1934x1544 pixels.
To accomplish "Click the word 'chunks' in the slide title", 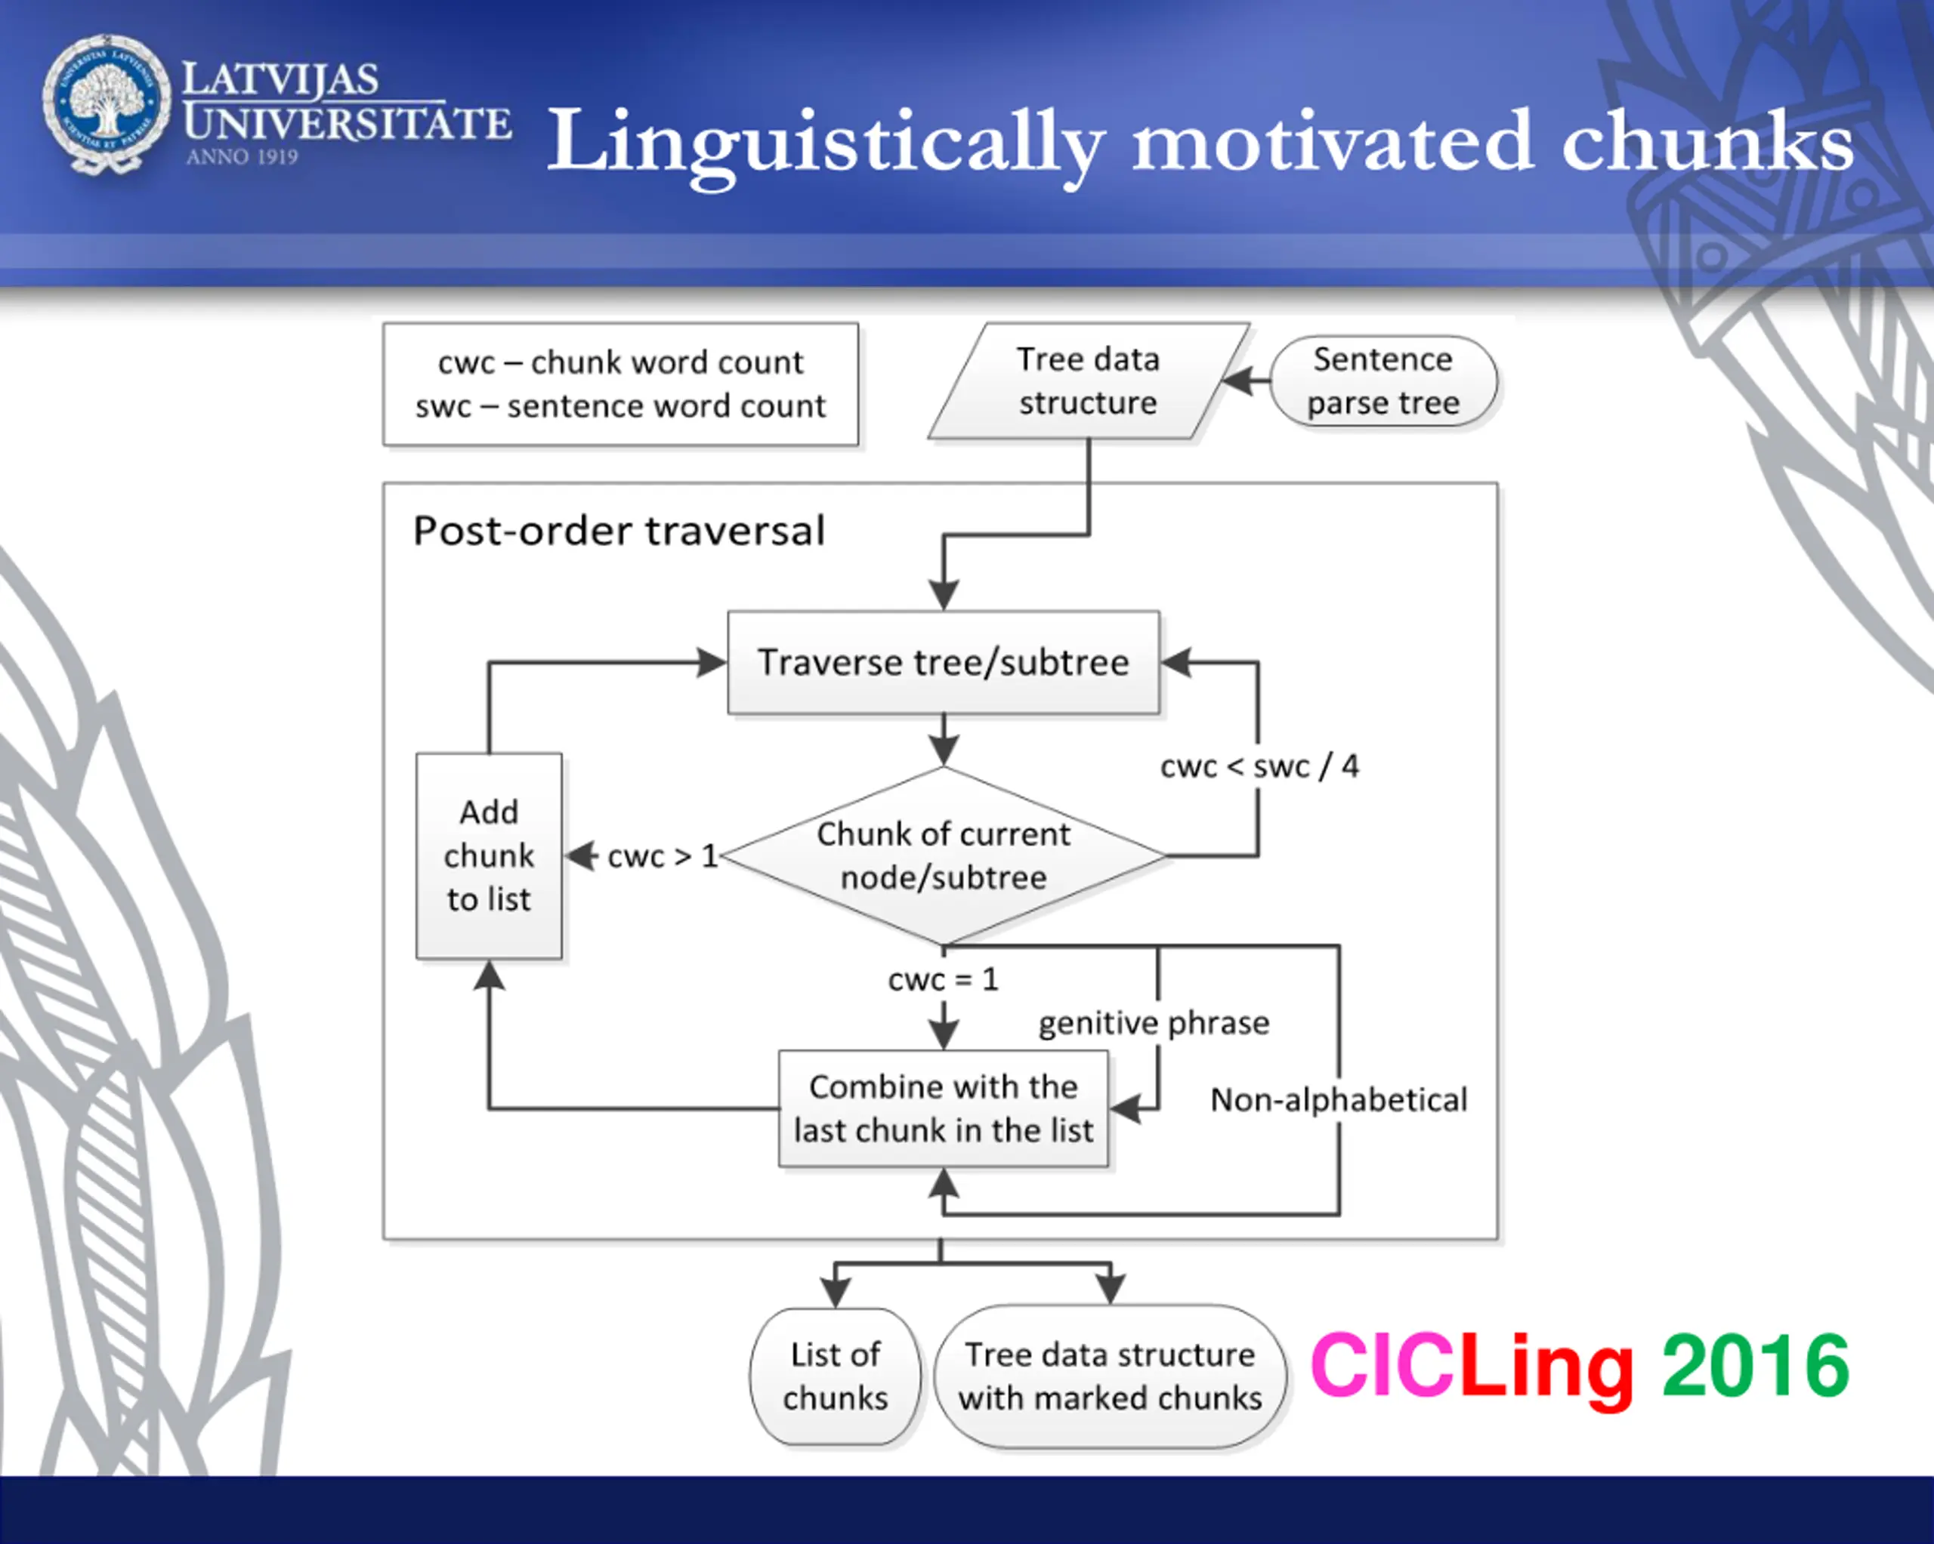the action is coord(1707,142).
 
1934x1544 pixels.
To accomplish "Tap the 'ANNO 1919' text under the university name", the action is coord(243,157).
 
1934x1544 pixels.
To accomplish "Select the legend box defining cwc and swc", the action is coord(619,384).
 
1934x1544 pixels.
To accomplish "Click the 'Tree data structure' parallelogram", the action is coord(1088,381).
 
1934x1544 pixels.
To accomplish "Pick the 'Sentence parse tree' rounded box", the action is coord(1383,381).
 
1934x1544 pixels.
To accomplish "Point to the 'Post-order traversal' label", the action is coord(618,531).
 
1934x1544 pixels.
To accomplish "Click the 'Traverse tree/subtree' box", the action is coord(943,663).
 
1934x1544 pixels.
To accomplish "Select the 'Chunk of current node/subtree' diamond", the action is coord(943,855).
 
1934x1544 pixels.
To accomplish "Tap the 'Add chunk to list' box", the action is coord(489,855).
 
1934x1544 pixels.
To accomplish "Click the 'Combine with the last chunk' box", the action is coord(943,1108).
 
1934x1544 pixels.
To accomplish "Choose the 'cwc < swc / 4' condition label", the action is coord(1259,766).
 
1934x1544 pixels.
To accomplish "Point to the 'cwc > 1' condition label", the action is coord(662,856).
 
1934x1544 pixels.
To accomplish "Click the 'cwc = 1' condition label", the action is coord(943,979).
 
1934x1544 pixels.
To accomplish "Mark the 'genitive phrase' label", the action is coord(1154,1023).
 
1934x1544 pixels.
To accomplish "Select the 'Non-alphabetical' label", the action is coord(1339,1100).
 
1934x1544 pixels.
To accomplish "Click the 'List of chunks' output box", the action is coord(835,1376).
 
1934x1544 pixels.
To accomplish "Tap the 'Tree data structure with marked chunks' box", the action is coord(1110,1376).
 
